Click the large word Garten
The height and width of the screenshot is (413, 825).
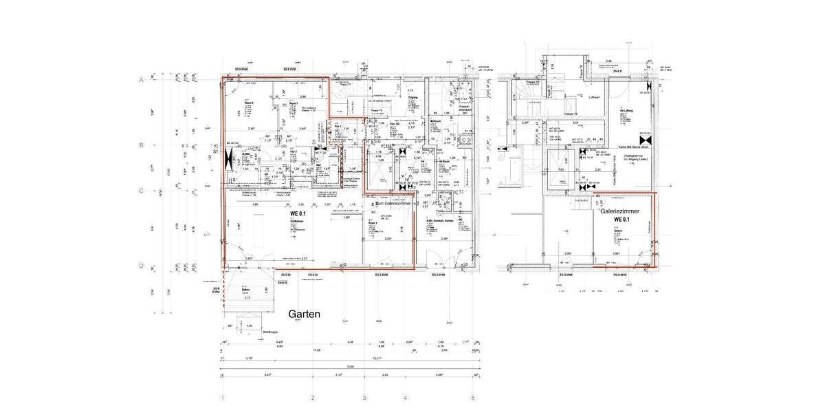(x=304, y=314)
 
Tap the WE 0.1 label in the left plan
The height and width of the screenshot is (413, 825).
(x=298, y=214)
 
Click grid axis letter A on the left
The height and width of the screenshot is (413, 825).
(x=141, y=80)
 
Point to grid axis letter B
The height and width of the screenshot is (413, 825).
(x=141, y=145)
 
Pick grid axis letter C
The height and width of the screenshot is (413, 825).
(x=141, y=191)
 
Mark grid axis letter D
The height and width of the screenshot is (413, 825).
(x=141, y=266)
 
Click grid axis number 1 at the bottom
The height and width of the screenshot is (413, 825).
(x=222, y=398)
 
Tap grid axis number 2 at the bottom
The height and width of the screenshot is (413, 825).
(x=313, y=398)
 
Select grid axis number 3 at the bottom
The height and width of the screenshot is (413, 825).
(x=364, y=398)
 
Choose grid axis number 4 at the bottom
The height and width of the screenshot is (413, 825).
(x=406, y=398)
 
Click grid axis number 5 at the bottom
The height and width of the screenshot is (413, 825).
(x=472, y=398)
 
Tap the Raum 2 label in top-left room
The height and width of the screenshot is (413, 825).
(x=247, y=103)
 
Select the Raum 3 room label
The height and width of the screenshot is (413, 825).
(x=373, y=223)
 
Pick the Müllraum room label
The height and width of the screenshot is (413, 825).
(x=435, y=120)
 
